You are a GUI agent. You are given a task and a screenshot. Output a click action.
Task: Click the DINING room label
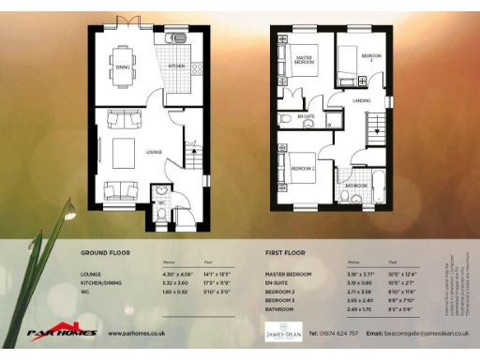coord(123,67)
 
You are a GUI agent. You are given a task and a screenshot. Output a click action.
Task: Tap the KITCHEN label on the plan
coord(176,67)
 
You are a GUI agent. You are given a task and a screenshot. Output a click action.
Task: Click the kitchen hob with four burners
coord(198,68)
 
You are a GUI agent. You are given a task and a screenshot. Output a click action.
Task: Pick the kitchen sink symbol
coord(176,39)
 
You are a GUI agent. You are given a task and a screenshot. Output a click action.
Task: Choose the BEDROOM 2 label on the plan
coord(301,168)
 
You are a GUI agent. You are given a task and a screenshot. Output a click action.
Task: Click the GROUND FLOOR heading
coord(105,253)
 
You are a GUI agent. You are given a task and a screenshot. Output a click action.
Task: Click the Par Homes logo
coord(62,330)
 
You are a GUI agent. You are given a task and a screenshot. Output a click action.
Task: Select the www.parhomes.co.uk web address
coord(137,333)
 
